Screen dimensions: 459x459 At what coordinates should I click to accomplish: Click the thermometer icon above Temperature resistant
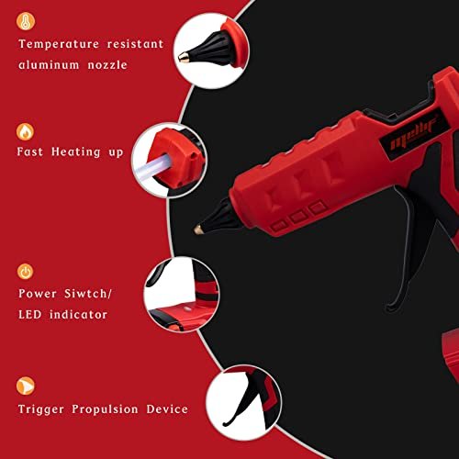click(x=26, y=21)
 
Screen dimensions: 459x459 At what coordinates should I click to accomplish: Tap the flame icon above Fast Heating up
click(x=25, y=132)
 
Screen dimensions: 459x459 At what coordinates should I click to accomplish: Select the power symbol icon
click(x=25, y=272)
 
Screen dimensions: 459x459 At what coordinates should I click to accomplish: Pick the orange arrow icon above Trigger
click(x=26, y=386)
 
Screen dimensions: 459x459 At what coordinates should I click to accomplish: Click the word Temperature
click(x=59, y=44)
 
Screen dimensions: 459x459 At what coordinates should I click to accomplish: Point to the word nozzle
click(x=107, y=65)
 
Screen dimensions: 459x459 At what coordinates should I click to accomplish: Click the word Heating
click(x=76, y=152)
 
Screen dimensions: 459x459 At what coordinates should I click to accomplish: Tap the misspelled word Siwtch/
click(x=88, y=294)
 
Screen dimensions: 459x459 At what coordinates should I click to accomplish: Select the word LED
click(x=29, y=314)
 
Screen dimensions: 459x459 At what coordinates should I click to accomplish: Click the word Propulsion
click(x=105, y=409)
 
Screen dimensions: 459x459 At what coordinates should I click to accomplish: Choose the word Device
click(x=167, y=409)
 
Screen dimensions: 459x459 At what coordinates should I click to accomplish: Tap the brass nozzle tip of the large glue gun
click(x=198, y=229)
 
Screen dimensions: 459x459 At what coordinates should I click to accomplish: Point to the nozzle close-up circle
click(x=211, y=50)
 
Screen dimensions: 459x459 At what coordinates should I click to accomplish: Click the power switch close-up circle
click(x=182, y=295)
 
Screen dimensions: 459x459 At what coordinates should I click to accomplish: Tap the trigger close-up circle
click(x=243, y=402)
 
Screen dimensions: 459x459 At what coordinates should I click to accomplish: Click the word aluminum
click(x=49, y=65)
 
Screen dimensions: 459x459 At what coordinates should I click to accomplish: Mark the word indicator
click(x=78, y=314)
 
